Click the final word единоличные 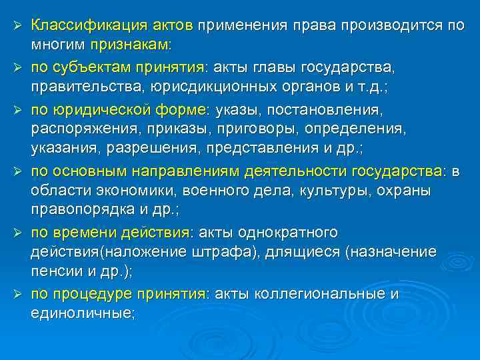coord(81,314)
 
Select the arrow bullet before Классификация coord(19,25)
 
